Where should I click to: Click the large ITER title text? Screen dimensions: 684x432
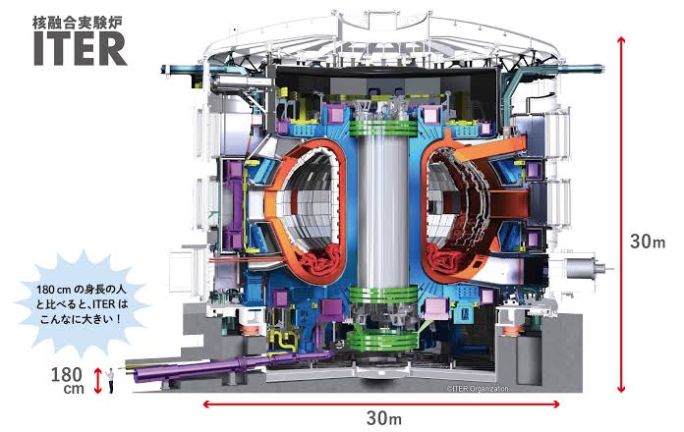tap(81, 49)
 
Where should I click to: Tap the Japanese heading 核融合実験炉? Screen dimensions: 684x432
tap(78, 24)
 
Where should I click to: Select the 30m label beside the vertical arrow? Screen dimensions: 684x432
tap(648, 242)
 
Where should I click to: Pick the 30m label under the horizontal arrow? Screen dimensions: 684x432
tap(384, 419)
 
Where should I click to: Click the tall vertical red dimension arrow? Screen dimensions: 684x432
tap(621, 214)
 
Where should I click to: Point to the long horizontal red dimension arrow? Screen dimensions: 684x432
tap(381, 405)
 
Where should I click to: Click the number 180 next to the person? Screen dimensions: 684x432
tap(66, 374)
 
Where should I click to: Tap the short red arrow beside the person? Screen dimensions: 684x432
tap(97, 381)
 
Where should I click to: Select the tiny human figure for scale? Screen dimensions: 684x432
tap(111, 381)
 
